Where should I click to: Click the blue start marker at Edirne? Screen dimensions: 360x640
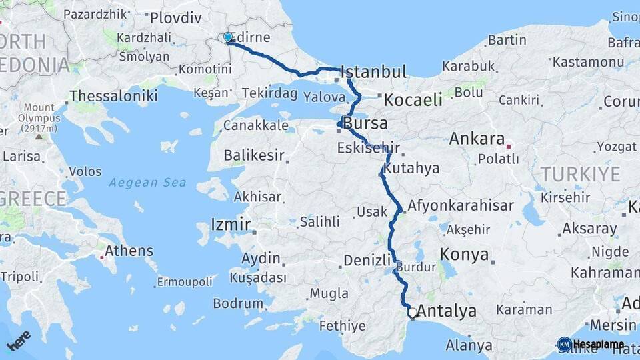click(228, 37)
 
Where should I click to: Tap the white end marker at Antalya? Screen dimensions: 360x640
click(413, 313)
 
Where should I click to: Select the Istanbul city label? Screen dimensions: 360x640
click(373, 72)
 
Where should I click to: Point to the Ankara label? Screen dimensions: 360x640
click(477, 139)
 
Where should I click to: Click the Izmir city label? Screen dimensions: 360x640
click(230, 224)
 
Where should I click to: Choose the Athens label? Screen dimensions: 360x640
click(129, 251)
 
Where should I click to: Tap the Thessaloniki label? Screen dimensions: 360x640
click(113, 96)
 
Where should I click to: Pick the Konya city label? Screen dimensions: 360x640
click(465, 255)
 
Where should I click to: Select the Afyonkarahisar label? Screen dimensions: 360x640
click(461, 205)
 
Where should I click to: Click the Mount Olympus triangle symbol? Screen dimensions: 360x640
click(39, 136)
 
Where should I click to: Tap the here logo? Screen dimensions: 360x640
click(19, 342)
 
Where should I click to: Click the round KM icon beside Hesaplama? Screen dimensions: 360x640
click(564, 344)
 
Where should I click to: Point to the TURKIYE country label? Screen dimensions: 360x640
click(580, 175)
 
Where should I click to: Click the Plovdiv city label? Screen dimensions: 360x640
click(175, 18)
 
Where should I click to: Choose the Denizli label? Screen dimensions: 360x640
click(367, 261)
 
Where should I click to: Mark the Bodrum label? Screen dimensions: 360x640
click(238, 303)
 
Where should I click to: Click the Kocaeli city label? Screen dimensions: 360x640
click(413, 100)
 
